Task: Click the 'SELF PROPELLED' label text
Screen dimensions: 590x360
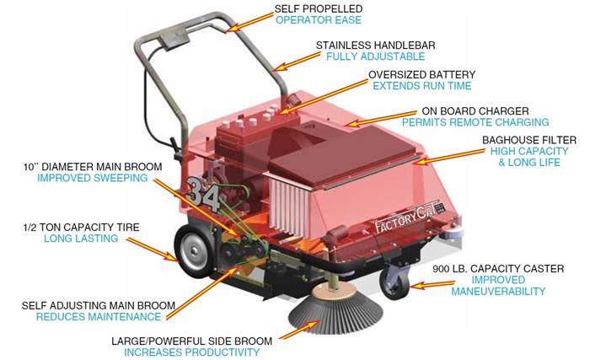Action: pyautogui.click(x=319, y=8)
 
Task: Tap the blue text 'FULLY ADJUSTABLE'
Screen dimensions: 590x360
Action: pyautogui.click(x=375, y=56)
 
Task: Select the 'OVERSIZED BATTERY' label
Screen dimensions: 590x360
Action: pyautogui.click(x=421, y=74)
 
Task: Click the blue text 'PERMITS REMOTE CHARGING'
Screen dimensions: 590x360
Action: pyautogui.click(x=475, y=122)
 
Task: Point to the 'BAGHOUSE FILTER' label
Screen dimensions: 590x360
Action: pyautogui.click(x=529, y=140)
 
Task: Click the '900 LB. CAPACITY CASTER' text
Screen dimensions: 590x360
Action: pyautogui.click(x=498, y=269)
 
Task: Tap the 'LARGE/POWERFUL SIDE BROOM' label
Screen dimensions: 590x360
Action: pyautogui.click(x=191, y=341)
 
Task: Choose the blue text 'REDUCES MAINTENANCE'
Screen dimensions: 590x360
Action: pyautogui.click(x=99, y=317)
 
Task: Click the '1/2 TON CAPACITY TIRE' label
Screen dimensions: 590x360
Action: pyautogui.click(x=81, y=228)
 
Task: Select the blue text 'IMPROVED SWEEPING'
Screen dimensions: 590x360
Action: pyautogui.click(x=92, y=178)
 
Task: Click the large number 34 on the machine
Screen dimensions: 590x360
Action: pyautogui.click(x=203, y=193)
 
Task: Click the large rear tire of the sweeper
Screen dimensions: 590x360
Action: pyautogui.click(x=194, y=250)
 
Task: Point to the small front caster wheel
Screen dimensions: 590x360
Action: pyautogui.click(x=394, y=282)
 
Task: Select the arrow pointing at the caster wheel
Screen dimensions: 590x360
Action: pyautogui.click(x=432, y=285)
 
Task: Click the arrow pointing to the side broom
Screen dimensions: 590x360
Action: pyautogui.click(x=300, y=330)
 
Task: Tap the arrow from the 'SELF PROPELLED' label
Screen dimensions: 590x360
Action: pyautogui.click(x=251, y=22)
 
